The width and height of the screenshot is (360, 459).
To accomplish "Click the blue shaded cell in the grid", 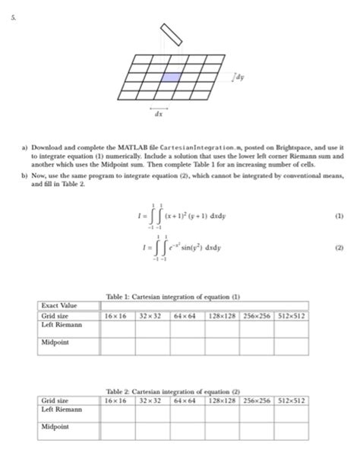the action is [172, 77].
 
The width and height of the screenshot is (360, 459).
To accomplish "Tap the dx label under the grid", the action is [159, 116].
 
